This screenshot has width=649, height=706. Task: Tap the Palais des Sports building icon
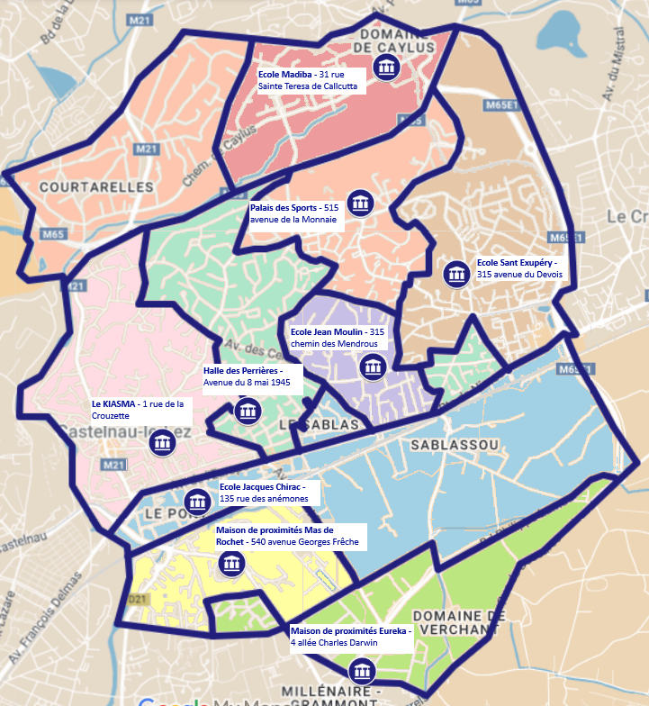pyautogui.click(x=360, y=203)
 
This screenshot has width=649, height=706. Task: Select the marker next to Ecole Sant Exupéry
pyautogui.click(x=456, y=274)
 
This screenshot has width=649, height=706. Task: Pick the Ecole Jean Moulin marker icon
pyautogui.click(x=373, y=367)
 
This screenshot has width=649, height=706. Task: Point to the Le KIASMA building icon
pyautogui.click(x=162, y=443)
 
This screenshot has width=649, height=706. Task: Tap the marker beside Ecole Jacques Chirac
pyautogui.click(x=197, y=502)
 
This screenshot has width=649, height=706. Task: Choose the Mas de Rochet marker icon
pyautogui.click(x=231, y=564)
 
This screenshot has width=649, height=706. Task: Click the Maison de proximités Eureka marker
pyautogui.click(x=362, y=670)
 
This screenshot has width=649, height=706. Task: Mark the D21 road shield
pyautogui.click(x=137, y=598)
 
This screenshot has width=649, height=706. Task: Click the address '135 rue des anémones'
pyautogui.click(x=264, y=499)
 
